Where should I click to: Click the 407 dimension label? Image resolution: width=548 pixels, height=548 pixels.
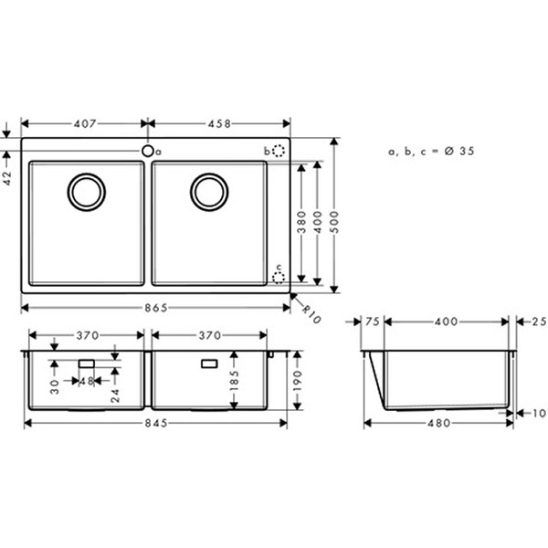pos(85,123)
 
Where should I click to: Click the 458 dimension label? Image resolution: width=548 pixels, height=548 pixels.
pos(219,123)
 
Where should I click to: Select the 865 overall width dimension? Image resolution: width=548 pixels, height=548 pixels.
pos(156,308)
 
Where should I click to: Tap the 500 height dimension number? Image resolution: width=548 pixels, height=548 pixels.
pos(334,222)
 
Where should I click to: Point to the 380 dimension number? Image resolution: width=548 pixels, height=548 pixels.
pos(301,222)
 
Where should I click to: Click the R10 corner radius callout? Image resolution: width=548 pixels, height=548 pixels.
pos(311,314)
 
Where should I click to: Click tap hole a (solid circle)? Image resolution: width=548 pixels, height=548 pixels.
pos(147,151)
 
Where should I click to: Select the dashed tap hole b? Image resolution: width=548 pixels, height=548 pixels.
pos(279,151)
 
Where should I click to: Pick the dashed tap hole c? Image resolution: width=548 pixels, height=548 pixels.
pos(279,278)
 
